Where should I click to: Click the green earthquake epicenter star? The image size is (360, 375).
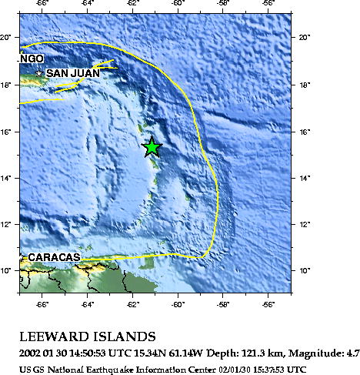coord(152,146)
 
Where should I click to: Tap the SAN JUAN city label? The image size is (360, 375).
coord(72,73)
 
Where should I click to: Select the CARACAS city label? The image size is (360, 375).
coord(54,257)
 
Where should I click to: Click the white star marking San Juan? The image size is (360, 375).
coord(39,73)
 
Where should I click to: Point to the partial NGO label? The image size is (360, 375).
coord(32,59)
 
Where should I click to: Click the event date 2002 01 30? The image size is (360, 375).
coord(45,353)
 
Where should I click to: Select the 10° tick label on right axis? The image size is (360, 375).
coord(303,270)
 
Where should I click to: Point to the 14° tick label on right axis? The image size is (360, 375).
coord(303,178)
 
